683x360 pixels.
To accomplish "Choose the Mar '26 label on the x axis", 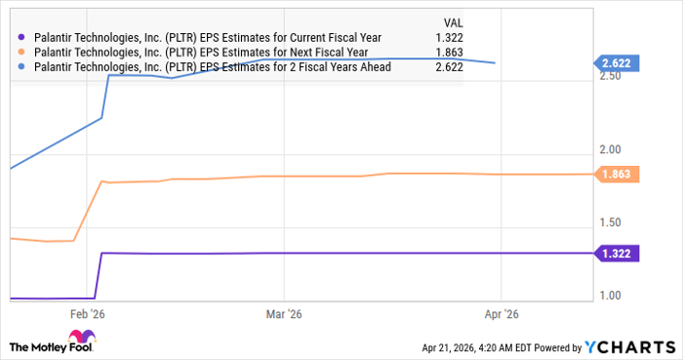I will coord(282,314).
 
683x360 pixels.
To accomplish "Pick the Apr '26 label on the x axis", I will coord(500,314).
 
